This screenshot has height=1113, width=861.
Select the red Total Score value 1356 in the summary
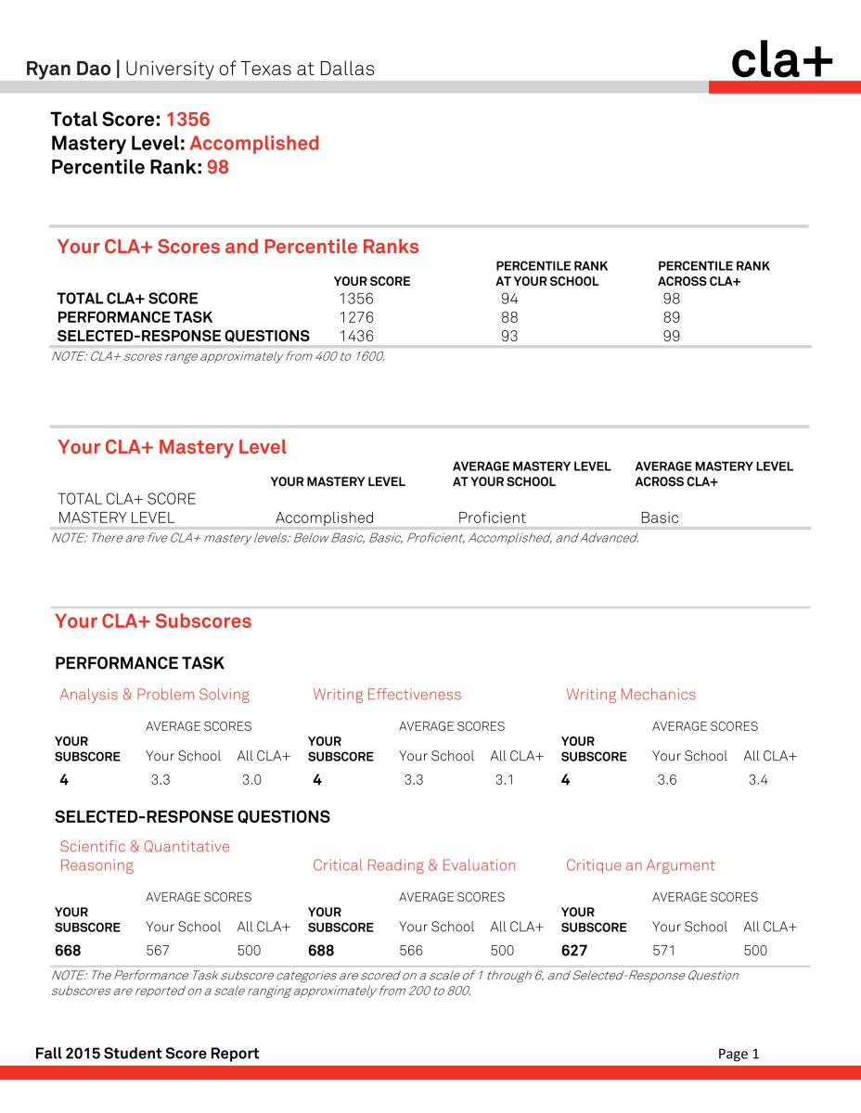(x=187, y=119)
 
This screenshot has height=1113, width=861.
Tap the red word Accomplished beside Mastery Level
(x=253, y=143)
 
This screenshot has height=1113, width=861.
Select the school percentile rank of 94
(x=509, y=299)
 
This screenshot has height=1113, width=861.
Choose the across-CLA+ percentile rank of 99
(x=672, y=336)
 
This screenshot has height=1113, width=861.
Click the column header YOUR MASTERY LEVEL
(x=337, y=481)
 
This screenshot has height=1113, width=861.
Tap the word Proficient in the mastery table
(x=492, y=518)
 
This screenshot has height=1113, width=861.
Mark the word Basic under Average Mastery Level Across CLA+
(x=659, y=518)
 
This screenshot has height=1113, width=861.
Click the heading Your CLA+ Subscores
(x=153, y=621)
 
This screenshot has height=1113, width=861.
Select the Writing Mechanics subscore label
(x=630, y=695)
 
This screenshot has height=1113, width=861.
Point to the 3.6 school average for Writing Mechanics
(x=666, y=780)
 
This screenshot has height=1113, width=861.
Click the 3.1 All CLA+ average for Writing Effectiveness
(x=505, y=780)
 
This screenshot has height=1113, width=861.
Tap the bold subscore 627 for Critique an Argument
(x=574, y=951)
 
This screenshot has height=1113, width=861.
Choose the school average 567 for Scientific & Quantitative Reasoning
(x=160, y=951)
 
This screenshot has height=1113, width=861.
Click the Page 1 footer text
(x=739, y=1054)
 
